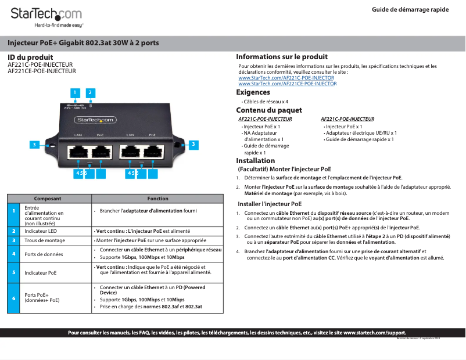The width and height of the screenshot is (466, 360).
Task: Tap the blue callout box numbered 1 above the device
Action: pos(74,92)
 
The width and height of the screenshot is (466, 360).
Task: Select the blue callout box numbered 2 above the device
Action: pos(90,92)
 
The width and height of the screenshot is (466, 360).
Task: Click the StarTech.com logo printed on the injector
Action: pos(96,120)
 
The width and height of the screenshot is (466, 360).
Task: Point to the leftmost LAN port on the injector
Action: pos(77,152)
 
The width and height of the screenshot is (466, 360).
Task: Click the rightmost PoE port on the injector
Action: pos(153,152)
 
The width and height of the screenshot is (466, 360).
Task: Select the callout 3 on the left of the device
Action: pos(34,145)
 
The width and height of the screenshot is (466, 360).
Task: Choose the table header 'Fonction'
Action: pos(157,199)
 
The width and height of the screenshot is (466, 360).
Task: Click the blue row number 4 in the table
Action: pos(13,254)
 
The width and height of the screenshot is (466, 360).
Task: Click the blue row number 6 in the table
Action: pos(13,298)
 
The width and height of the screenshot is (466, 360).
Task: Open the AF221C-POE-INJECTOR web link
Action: pos(286,78)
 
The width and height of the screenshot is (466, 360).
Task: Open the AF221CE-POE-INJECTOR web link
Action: pos(287,84)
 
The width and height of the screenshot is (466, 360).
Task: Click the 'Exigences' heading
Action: pos(253,92)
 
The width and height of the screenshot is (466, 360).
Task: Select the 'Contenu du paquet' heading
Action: pos(268,110)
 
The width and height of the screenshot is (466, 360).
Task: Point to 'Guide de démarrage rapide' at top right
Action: pos(410,10)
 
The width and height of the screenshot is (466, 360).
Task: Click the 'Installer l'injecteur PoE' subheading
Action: pos(270,204)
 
